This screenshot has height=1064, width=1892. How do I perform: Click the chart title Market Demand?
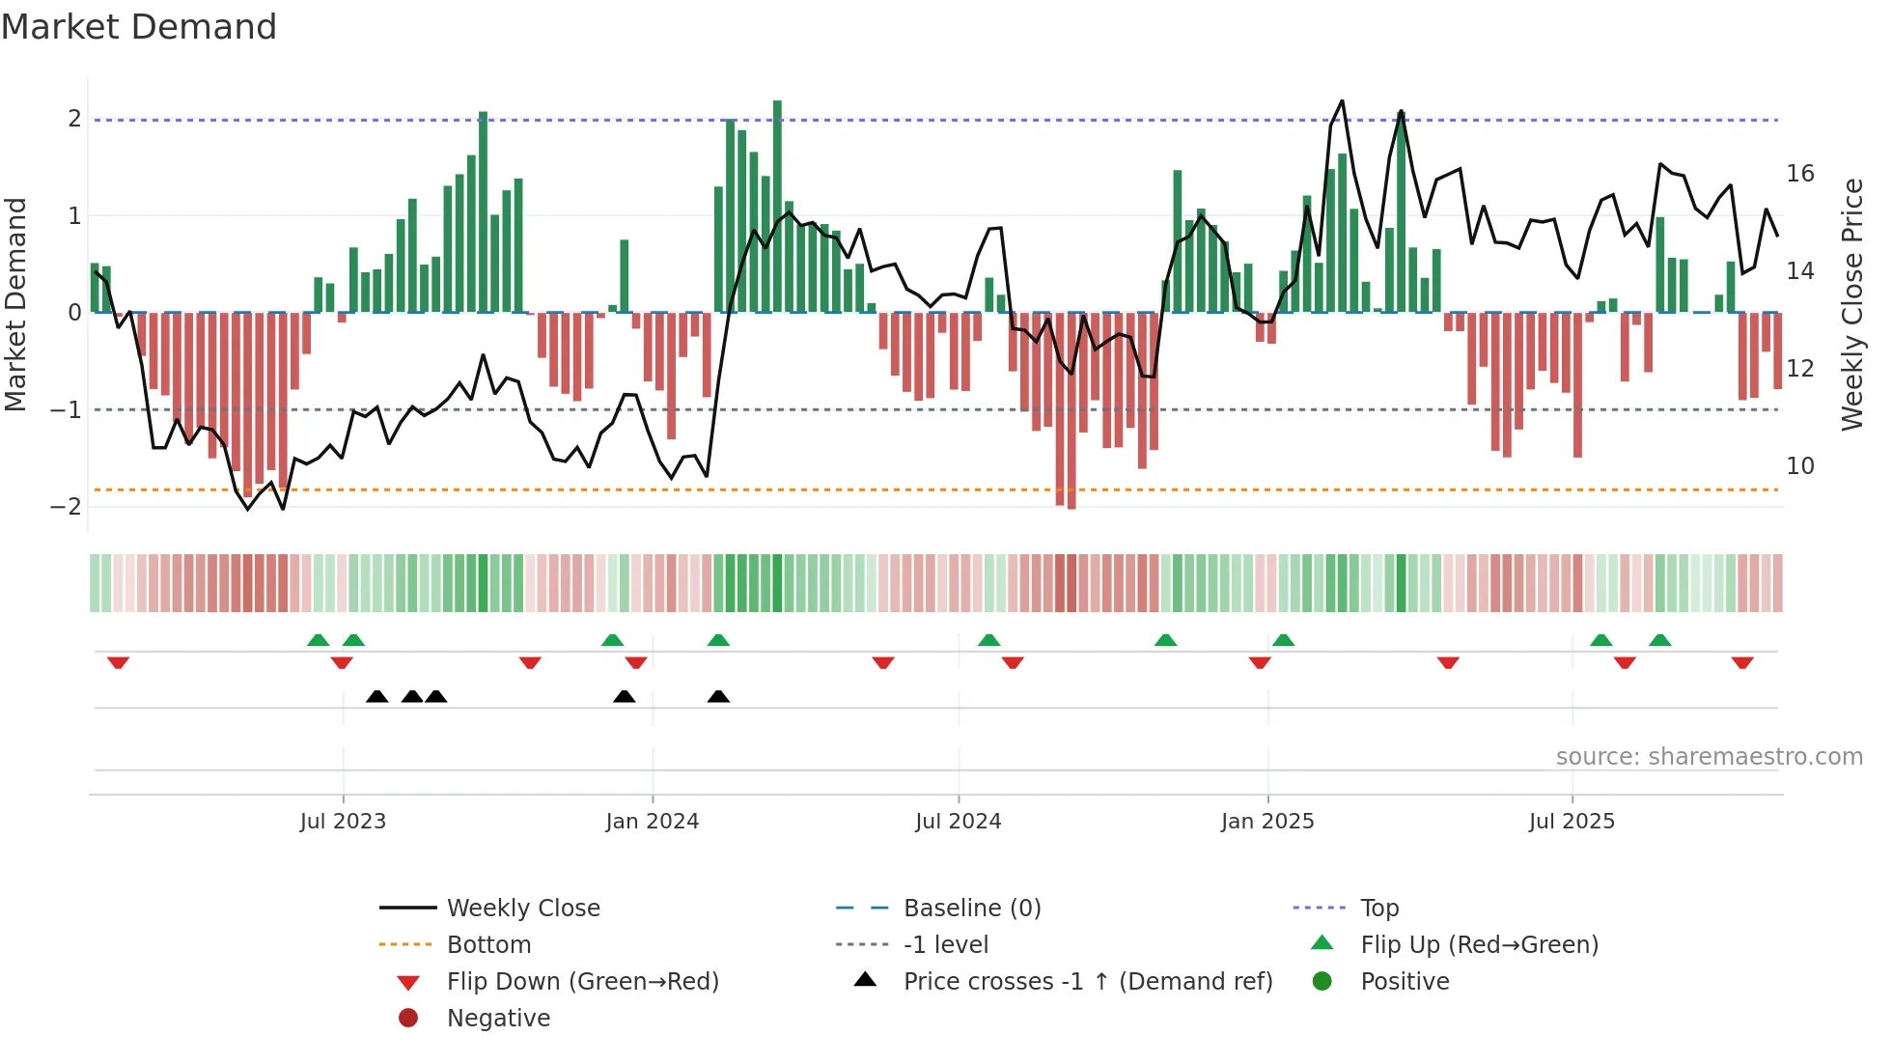pos(139,27)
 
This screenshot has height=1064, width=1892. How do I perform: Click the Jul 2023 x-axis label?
pos(343,822)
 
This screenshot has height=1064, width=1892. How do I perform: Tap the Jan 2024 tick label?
pos(652,822)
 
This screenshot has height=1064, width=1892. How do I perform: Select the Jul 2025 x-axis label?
pos(1572,822)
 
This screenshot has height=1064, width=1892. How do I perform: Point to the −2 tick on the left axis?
pos(66,507)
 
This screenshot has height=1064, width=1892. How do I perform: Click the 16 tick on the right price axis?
pos(1800,174)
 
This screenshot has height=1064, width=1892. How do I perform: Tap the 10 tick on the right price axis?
pos(1800,466)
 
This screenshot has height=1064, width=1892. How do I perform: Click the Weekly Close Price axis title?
pos(1851,304)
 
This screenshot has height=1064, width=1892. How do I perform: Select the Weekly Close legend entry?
pos(522,909)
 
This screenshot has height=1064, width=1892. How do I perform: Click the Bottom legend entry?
pos(488,945)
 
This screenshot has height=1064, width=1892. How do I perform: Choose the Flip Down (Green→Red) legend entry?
pos(582,982)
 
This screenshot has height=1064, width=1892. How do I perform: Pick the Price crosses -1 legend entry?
pos(1087,982)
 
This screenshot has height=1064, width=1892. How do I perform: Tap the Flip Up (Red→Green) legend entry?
pos(1479,945)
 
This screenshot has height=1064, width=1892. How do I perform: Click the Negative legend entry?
pos(498,1019)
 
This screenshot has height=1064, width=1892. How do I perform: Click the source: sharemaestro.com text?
pos(1709,757)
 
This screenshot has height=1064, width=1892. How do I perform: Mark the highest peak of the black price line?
pos(1342,101)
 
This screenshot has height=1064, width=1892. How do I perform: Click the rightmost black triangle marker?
pos(718,697)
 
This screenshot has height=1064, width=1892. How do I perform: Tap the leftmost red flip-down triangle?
pos(118,662)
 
